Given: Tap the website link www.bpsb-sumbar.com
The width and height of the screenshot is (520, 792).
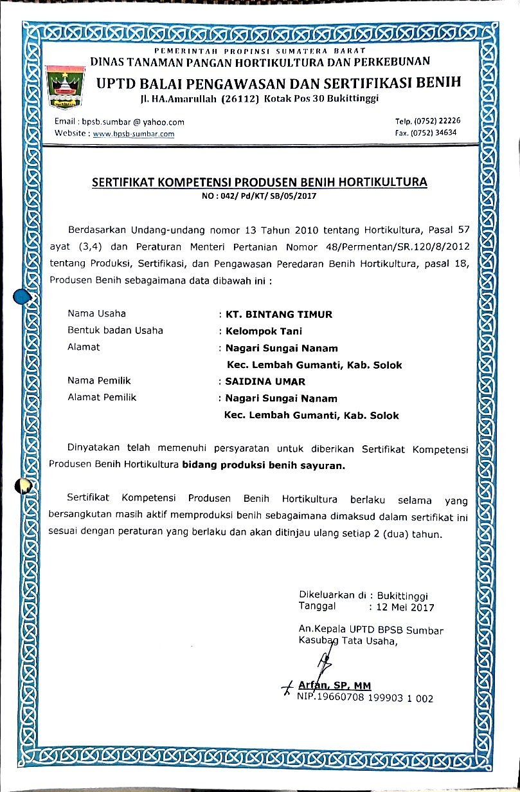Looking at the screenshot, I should tap(134, 134).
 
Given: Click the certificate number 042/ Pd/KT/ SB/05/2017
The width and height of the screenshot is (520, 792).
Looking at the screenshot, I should tap(268, 195).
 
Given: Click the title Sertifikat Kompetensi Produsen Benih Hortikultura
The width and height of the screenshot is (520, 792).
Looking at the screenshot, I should tap(260, 182).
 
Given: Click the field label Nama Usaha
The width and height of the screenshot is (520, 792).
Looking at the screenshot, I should tap(96, 314).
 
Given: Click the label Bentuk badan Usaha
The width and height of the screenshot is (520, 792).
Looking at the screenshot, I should tap(115, 331).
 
